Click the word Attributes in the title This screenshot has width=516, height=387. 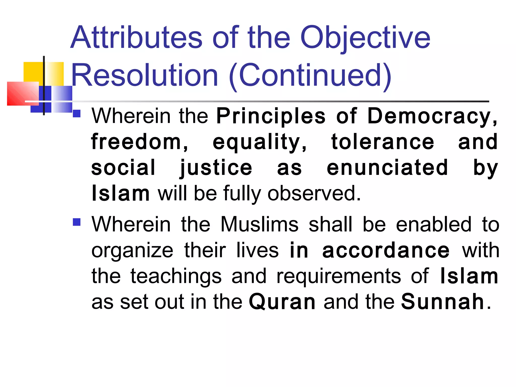click(x=136, y=38)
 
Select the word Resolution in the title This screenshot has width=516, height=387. click(x=145, y=76)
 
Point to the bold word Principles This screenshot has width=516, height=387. click(x=271, y=117)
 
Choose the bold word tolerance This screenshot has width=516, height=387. click(x=383, y=142)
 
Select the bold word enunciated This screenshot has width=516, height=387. click(x=388, y=168)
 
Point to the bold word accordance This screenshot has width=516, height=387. click(x=386, y=251)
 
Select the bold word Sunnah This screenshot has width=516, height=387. click(x=442, y=302)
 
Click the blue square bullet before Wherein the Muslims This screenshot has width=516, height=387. click(x=77, y=222)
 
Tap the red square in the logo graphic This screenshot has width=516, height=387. click(x=23, y=93)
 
